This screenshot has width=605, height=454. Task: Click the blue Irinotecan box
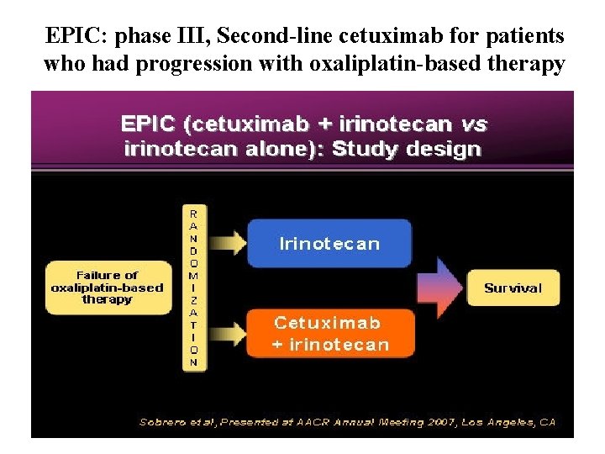(329, 244)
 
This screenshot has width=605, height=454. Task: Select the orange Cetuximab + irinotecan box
(330, 333)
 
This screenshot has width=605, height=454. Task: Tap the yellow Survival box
(513, 288)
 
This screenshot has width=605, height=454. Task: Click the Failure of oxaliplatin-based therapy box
(107, 288)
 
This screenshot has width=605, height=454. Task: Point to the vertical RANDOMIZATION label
(194, 288)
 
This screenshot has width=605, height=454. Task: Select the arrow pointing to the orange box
(224, 331)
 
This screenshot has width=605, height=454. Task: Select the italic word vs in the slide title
(474, 124)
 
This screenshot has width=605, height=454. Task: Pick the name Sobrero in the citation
(165, 422)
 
